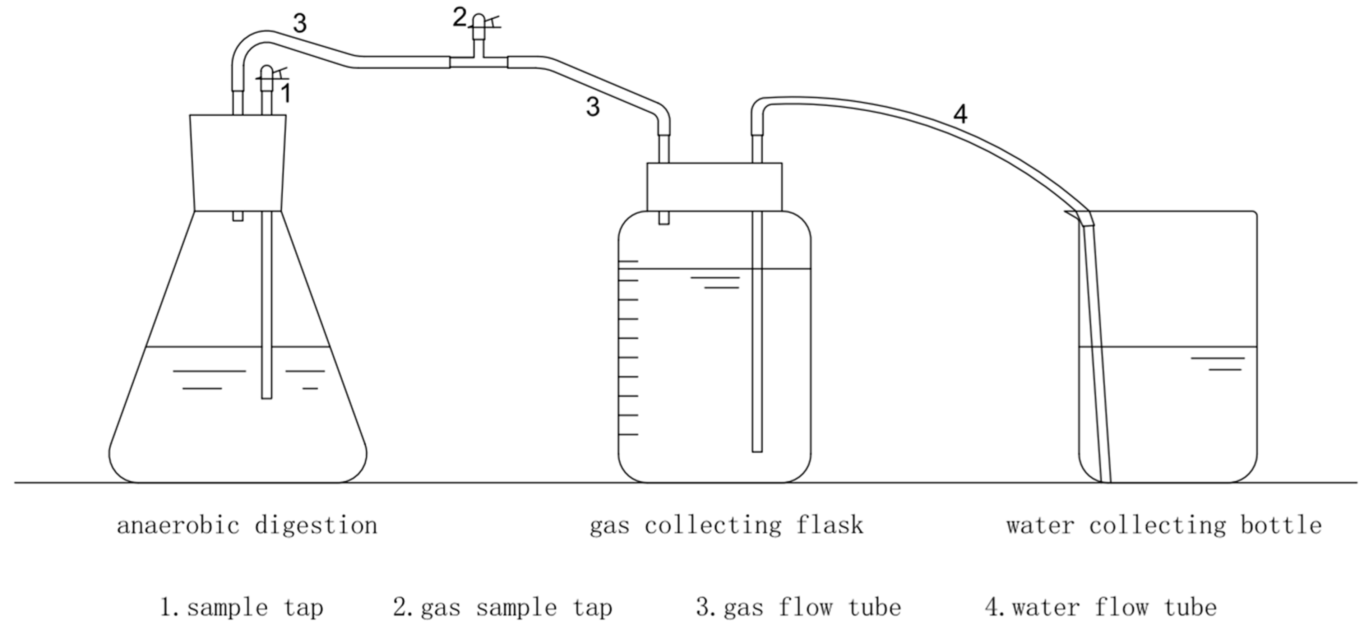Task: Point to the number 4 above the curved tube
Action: [961, 114]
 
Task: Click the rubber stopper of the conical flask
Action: [238, 163]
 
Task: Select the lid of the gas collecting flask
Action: [714, 187]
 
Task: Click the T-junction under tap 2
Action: [478, 61]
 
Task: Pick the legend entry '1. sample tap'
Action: [241, 607]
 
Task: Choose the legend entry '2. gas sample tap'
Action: [503, 607]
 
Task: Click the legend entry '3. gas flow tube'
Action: [799, 607]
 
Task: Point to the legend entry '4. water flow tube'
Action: [1101, 607]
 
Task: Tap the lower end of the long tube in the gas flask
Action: [757, 450]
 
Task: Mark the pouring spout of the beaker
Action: [1071, 213]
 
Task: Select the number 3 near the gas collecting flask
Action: [593, 107]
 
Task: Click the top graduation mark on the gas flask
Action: [629, 261]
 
